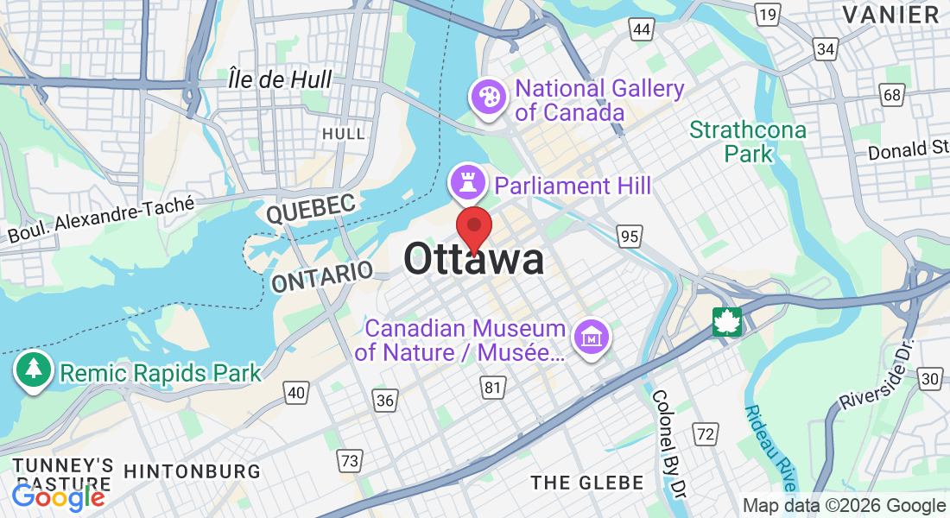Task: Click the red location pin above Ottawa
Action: [474, 227]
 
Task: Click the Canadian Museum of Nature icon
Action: [592, 337]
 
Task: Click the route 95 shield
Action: [629, 235]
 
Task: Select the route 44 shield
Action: [641, 30]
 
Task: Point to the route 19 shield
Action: [766, 14]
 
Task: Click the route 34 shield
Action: [826, 49]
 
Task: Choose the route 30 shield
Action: [929, 378]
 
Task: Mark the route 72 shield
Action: [706, 434]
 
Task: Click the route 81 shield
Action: [492, 388]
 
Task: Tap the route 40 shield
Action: [296, 393]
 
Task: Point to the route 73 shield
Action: [349, 461]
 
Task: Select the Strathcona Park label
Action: [748, 142]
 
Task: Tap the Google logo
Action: [58, 496]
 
